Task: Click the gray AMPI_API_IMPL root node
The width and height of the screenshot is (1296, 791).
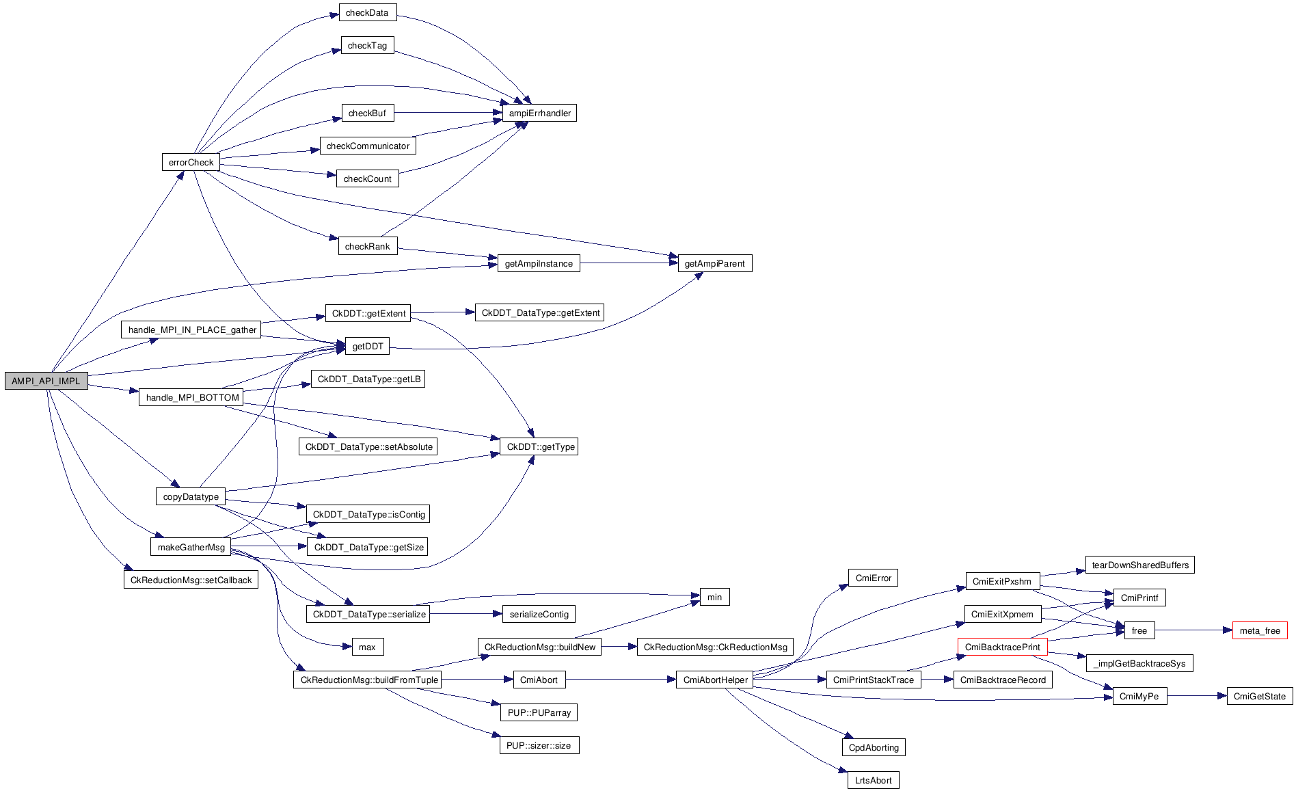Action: pos(46,381)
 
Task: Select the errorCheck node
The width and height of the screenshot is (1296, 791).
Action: pos(191,162)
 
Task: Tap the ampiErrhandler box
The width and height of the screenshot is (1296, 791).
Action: pos(539,113)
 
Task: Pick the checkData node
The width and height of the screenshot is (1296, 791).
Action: pos(367,12)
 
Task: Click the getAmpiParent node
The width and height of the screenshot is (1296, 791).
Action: pos(714,263)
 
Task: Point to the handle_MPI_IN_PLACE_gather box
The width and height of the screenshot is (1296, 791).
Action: pos(192,330)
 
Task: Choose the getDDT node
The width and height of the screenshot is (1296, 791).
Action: pos(367,346)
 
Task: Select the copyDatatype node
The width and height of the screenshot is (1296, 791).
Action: pos(191,496)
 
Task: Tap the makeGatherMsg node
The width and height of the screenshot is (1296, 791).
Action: pos(191,547)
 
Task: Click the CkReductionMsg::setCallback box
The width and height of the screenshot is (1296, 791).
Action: pos(191,580)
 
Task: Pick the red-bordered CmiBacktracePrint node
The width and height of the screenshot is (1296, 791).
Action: pos(1002,647)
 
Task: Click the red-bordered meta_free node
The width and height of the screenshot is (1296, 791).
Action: pos(1259,630)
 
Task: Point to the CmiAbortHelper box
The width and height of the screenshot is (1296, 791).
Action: pos(715,680)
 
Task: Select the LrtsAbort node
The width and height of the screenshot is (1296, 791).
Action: pos(873,780)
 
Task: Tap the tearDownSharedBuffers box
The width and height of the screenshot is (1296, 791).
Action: pos(1139,565)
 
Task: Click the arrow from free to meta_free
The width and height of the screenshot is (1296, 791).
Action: pos(1193,630)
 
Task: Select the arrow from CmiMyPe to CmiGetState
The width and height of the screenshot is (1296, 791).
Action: pos(1196,696)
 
